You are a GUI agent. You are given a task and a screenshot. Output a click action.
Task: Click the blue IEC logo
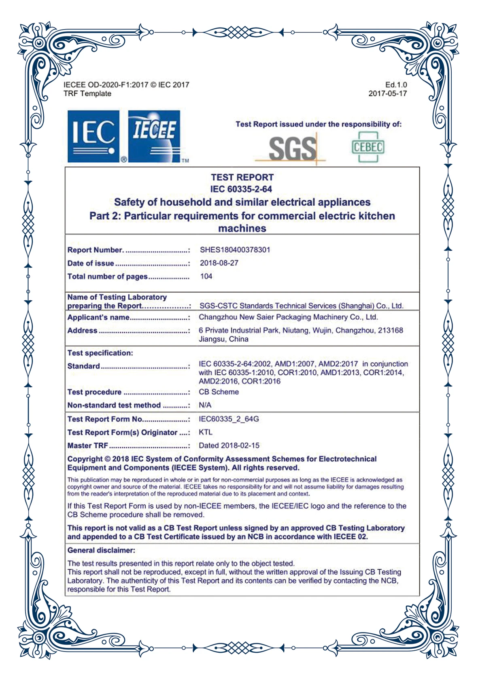93,136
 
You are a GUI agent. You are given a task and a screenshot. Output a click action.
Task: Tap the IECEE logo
154,136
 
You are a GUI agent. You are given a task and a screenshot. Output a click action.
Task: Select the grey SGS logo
292,148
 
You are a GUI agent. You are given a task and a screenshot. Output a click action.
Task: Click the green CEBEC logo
368,147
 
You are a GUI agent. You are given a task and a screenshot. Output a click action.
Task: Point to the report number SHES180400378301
235,250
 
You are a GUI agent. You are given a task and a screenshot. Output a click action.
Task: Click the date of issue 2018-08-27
219,263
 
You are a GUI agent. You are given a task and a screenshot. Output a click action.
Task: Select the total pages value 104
206,276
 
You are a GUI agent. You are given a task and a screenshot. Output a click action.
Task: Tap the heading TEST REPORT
242,177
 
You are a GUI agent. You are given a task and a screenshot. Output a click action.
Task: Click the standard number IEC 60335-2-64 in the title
241,189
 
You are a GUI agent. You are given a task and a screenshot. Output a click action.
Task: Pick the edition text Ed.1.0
396,85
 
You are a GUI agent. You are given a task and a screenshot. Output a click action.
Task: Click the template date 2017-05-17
387,93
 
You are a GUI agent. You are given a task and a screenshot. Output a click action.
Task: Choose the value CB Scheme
219,392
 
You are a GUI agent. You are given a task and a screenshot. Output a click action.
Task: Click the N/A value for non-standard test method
205,405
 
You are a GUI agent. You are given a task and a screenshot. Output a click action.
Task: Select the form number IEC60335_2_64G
229,419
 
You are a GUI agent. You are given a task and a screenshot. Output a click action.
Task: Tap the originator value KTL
205,432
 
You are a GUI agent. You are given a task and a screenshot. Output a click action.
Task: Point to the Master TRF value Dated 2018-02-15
229,446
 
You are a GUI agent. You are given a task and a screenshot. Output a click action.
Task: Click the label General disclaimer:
101,550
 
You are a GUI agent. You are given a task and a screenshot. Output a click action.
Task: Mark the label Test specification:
100,353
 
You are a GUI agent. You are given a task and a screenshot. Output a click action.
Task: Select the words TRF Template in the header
87,93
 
